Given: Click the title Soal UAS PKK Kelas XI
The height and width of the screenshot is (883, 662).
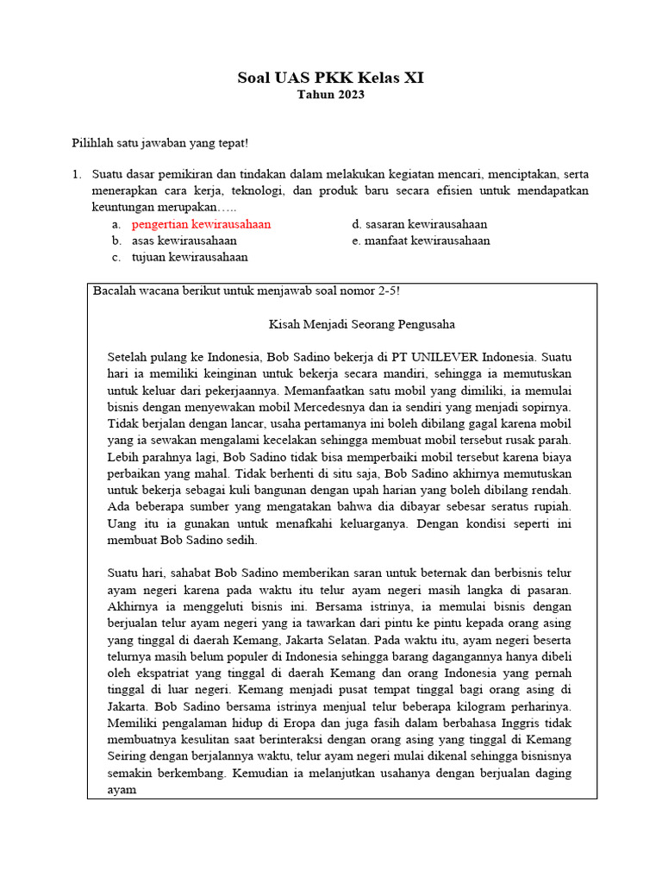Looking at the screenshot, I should click(x=331, y=78).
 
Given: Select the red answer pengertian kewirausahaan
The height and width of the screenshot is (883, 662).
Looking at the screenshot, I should click(x=201, y=224).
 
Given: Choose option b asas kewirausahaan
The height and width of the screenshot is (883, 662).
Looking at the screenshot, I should click(x=184, y=241).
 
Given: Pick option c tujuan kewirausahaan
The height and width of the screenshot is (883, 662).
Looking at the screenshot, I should click(x=190, y=257).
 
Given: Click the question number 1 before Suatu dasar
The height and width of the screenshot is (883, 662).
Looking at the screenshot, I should click(x=76, y=175).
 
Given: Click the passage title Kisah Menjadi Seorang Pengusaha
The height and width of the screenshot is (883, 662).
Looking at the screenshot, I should click(x=361, y=324).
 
